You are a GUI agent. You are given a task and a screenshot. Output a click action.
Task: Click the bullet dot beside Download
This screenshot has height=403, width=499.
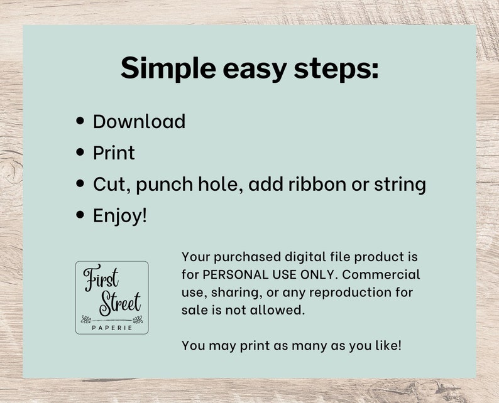(x=80, y=121)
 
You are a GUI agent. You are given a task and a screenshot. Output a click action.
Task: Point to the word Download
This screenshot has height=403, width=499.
(x=139, y=121)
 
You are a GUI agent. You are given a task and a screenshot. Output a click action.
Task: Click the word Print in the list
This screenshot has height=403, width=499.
(x=114, y=153)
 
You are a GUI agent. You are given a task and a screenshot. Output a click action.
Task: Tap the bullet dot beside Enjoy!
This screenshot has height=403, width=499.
(x=80, y=215)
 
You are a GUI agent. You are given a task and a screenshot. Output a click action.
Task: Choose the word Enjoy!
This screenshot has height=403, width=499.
(x=120, y=216)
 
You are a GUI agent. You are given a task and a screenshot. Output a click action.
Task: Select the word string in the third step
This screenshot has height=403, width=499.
(x=399, y=185)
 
